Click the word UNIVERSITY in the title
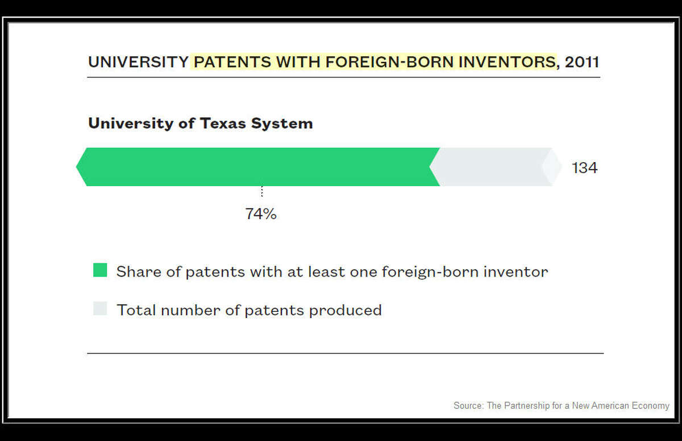tap(138, 62)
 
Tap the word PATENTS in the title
tap(232, 62)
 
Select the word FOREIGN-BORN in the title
tap(389, 62)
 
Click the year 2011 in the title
tap(582, 62)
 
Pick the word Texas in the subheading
tap(223, 123)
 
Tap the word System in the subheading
tap(282, 124)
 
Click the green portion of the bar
tap(258, 167)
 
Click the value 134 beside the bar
tap(585, 168)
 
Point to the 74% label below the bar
tap(261, 213)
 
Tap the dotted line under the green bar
tap(262, 191)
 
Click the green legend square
tap(100, 270)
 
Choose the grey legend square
tap(100, 308)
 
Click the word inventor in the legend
tap(516, 271)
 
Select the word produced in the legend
tap(346, 311)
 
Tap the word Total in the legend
tap(136, 310)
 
